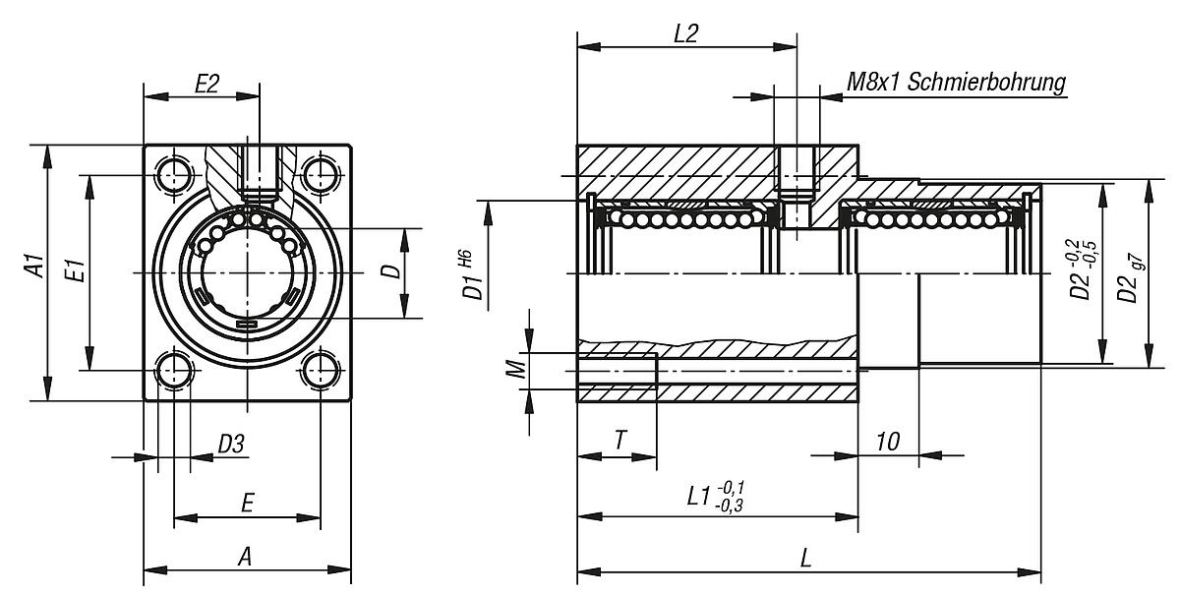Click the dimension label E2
point(206,84)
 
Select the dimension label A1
point(34,268)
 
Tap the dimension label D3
point(230,445)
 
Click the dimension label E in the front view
point(247,504)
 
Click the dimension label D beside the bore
point(391,271)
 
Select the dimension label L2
point(685,32)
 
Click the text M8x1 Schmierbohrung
point(956,82)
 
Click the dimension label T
point(619,442)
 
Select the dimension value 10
point(888,442)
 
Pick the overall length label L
point(805,558)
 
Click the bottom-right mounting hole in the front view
point(321,371)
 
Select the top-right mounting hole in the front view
point(321,175)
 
